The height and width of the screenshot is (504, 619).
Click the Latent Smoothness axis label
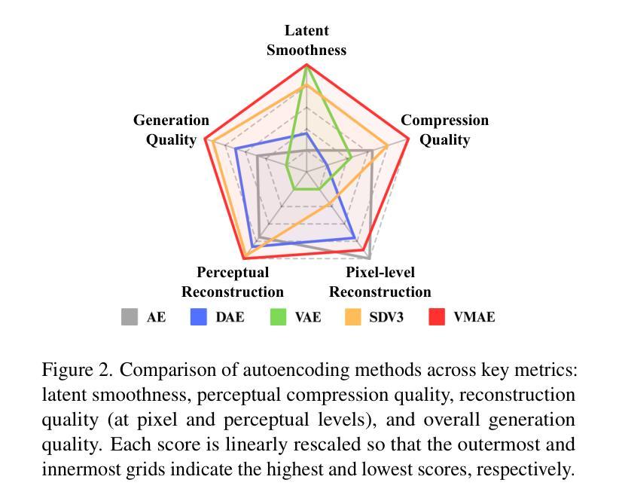[x=306, y=41]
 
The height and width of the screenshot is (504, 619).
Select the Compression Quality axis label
[x=444, y=130]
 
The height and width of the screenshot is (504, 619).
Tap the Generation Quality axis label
[x=171, y=130]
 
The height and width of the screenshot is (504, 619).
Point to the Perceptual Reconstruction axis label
[x=233, y=282]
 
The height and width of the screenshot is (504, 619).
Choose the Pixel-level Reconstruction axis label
[x=380, y=282]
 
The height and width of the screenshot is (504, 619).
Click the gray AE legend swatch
[x=130, y=317]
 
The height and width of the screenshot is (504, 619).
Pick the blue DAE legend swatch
[x=199, y=317]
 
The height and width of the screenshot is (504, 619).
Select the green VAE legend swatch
[x=279, y=317]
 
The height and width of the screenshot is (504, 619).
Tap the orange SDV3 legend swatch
[x=353, y=317]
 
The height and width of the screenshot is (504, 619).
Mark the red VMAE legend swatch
[x=438, y=317]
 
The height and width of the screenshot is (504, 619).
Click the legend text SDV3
[x=386, y=317]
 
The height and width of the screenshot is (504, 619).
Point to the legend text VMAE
[x=474, y=317]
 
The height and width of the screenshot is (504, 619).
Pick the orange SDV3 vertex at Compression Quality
[x=388, y=145]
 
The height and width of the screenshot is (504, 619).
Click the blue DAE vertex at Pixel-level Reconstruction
[x=355, y=238]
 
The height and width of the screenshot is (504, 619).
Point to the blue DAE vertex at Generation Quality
[x=236, y=149]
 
